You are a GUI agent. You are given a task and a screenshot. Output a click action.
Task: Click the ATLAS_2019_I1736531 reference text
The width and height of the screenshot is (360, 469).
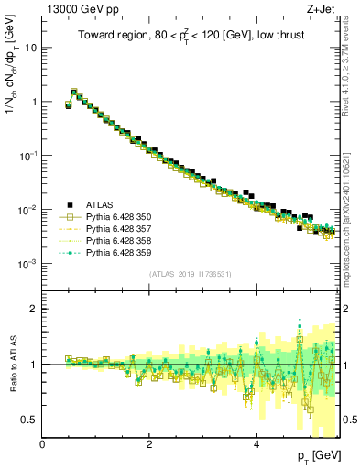tap(191, 274)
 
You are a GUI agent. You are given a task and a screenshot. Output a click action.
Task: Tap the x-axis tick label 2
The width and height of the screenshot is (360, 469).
tap(149, 444)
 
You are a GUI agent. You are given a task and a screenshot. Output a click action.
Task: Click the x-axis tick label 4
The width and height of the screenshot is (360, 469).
tap(256, 444)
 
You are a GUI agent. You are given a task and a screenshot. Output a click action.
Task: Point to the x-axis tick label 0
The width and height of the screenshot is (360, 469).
tap(43, 444)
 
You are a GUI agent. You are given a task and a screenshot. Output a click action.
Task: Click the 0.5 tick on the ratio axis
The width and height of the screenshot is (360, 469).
tap(31, 420)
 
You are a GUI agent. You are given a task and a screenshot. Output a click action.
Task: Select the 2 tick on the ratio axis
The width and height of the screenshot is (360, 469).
tap(35, 309)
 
